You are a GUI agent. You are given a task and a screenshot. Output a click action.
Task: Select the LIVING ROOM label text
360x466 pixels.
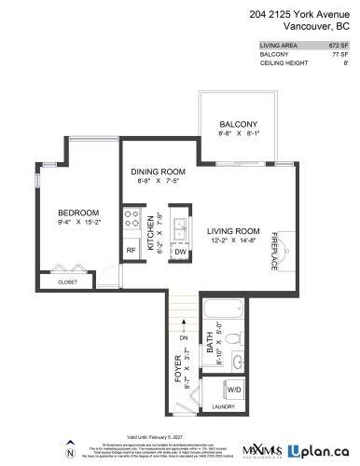point(232,231)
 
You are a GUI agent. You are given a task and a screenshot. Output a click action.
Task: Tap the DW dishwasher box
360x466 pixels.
point(180,252)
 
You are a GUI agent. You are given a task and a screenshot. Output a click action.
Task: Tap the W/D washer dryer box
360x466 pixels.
point(233,391)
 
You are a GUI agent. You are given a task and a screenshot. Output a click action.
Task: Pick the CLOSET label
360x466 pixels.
point(67,281)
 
